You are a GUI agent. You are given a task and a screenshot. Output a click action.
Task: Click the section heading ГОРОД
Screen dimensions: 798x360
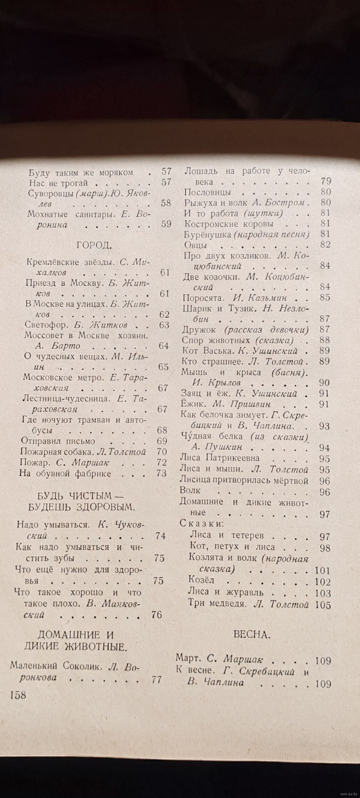click(x=94, y=246)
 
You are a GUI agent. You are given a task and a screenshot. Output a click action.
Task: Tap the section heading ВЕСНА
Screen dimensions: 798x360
click(x=252, y=634)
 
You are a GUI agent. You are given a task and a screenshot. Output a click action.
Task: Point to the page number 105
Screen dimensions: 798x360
click(x=323, y=604)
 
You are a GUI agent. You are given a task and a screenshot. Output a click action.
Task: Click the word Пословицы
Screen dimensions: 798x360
click(x=207, y=192)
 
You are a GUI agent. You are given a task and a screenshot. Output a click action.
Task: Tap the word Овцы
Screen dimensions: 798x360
click(x=195, y=245)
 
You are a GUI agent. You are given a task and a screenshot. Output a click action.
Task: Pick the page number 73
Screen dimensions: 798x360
click(x=162, y=473)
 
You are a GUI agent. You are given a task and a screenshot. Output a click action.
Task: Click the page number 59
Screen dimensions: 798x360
click(x=166, y=224)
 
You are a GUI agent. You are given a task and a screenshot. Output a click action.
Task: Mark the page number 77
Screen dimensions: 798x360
click(x=157, y=680)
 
